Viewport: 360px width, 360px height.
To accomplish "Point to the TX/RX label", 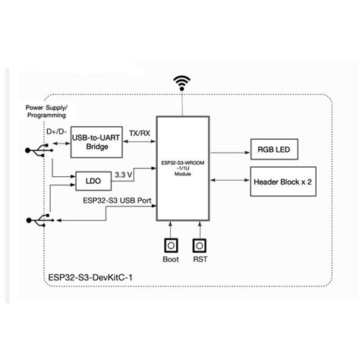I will point(139,132).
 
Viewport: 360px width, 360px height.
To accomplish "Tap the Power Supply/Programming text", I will point(46,112).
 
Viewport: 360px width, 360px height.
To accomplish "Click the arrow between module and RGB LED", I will point(230,150).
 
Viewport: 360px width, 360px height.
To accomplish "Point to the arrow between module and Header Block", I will point(230,181).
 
